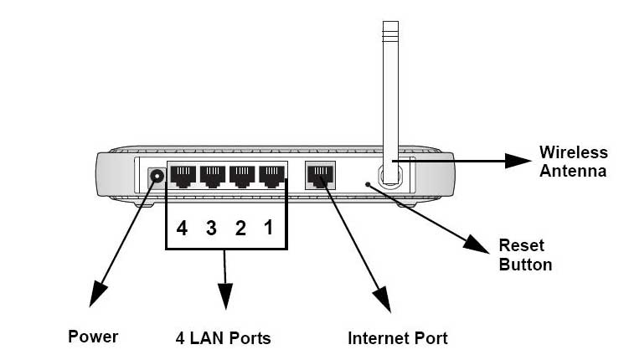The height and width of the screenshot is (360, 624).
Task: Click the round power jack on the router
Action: click(157, 176)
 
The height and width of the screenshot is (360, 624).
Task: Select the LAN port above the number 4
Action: click(183, 177)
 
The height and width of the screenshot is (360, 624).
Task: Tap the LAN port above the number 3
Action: click(213, 177)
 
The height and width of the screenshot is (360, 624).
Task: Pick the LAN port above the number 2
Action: click(242, 177)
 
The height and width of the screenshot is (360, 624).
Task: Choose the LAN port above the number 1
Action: click(272, 177)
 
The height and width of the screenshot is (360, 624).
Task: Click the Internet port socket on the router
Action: click(320, 176)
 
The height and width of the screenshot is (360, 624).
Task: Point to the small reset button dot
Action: click(368, 184)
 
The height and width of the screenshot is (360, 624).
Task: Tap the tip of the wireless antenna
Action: click(390, 22)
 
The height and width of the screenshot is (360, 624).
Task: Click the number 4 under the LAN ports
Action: click(182, 229)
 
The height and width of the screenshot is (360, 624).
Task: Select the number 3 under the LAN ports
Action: click(211, 229)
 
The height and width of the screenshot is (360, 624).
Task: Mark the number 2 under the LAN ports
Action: click(240, 229)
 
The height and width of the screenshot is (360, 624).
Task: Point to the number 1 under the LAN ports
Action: click(269, 228)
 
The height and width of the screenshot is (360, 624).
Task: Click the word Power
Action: click(93, 337)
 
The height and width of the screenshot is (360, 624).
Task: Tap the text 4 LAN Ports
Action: click(223, 338)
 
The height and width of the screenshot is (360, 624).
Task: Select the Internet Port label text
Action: click(398, 338)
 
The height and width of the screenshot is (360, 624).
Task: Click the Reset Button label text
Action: click(525, 255)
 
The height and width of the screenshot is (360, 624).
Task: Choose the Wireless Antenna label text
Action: click(574, 162)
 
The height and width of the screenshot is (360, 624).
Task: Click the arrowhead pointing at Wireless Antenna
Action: click(518, 161)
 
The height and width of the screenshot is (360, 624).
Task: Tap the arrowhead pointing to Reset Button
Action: click(476, 244)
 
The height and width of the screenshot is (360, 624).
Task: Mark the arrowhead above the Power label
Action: click(97, 294)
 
